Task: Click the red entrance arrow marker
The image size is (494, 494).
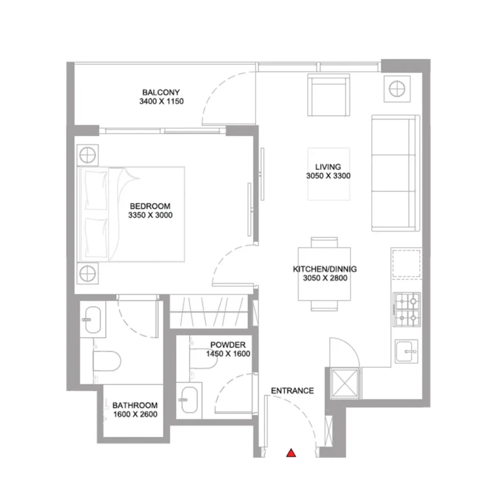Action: click(291, 453)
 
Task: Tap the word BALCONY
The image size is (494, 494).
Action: click(161, 93)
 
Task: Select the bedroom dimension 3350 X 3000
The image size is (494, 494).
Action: click(151, 215)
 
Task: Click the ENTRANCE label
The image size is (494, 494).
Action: click(293, 390)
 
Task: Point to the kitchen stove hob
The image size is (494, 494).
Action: click(407, 309)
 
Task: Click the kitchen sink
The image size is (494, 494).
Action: click(407, 351)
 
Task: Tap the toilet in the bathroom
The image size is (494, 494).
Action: click(107, 361)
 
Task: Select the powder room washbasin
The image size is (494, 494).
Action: click(189, 400)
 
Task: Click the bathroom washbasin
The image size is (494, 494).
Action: click(93, 320)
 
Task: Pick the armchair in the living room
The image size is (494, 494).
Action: click(329, 95)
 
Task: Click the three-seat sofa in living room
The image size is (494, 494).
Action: click(396, 173)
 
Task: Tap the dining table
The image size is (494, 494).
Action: click(324, 274)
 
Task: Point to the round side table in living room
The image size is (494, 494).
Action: click(397, 89)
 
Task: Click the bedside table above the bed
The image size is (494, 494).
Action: click(87, 155)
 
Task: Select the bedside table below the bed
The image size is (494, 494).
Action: click(87, 273)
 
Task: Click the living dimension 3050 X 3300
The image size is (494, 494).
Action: click(328, 176)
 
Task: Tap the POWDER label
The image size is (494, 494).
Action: click(228, 345)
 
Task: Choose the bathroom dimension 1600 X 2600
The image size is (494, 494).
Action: click(135, 414)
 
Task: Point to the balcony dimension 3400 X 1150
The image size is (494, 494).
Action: click(161, 101)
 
